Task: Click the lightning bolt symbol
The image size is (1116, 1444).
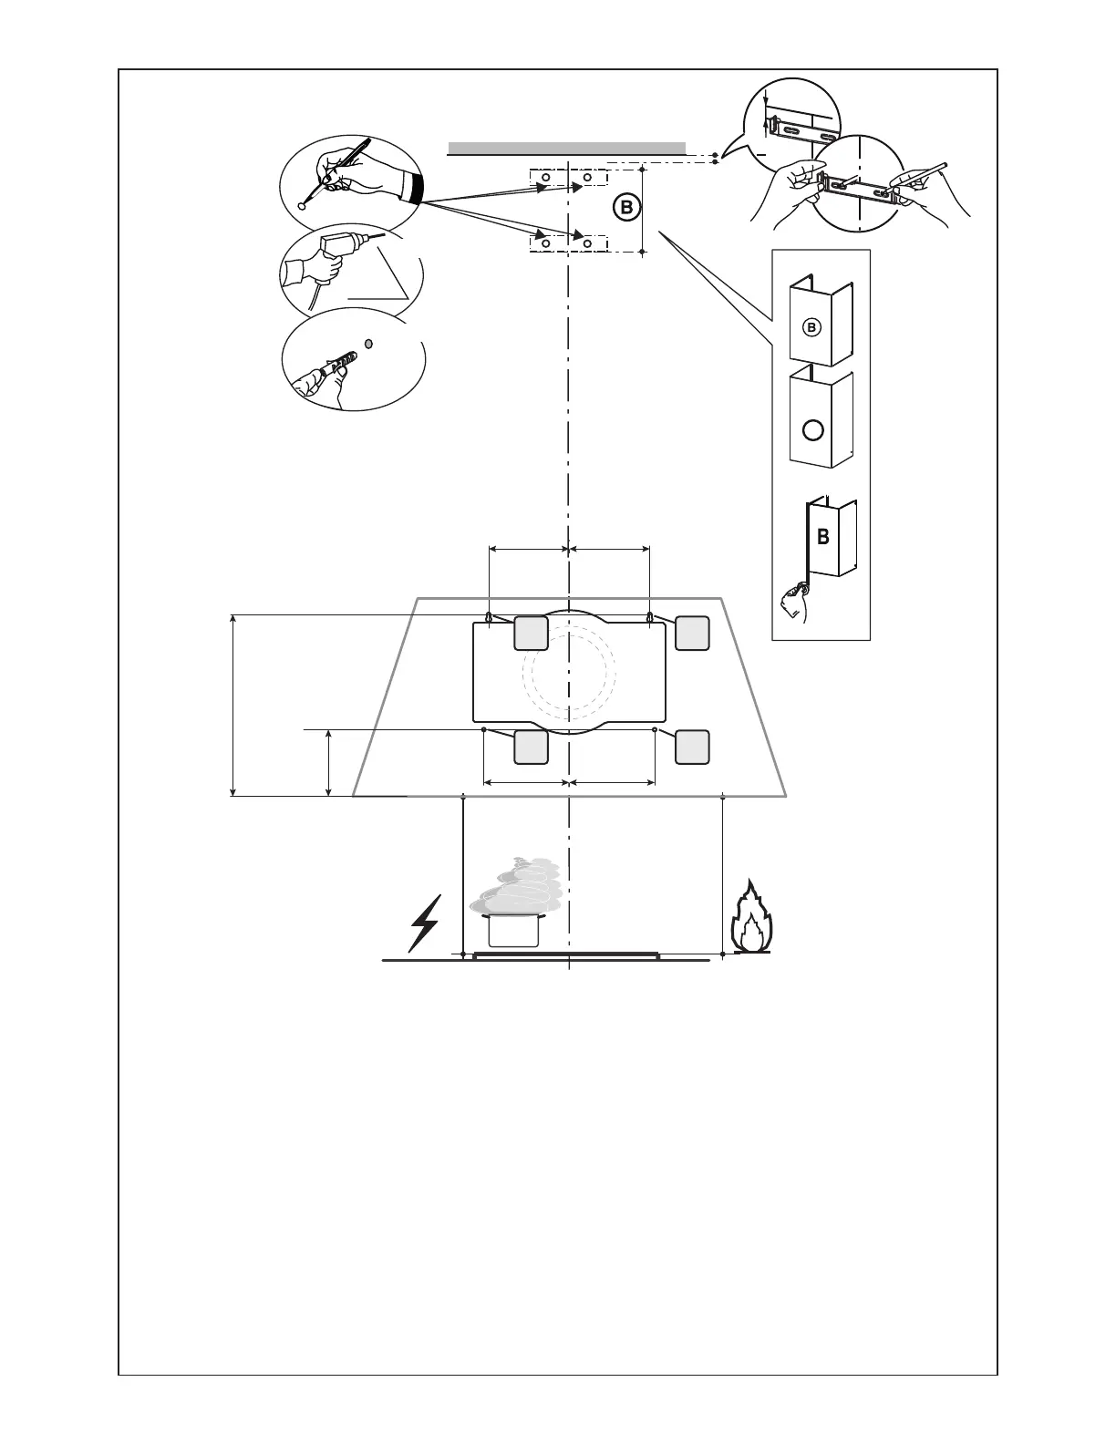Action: pos(426,922)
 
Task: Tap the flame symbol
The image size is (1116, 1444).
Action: pos(750,919)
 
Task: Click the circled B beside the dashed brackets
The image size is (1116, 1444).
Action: pos(625,208)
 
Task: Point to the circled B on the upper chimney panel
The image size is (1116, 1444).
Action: pos(812,326)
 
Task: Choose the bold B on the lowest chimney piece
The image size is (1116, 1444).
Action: pos(823,537)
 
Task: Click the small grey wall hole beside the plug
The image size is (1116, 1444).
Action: pos(368,344)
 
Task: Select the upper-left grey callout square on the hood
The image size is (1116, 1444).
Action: pos(531,633)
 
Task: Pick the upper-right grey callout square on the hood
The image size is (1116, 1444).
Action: pos(692,633)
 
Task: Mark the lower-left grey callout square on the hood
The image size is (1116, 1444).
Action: pos(531,747)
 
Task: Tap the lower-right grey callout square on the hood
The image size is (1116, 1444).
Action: pos(692,747)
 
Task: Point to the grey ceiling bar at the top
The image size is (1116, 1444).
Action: pos(566,148)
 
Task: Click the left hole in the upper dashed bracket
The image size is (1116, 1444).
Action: pos(545,177)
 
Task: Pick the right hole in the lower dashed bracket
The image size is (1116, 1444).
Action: pos(588,243)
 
